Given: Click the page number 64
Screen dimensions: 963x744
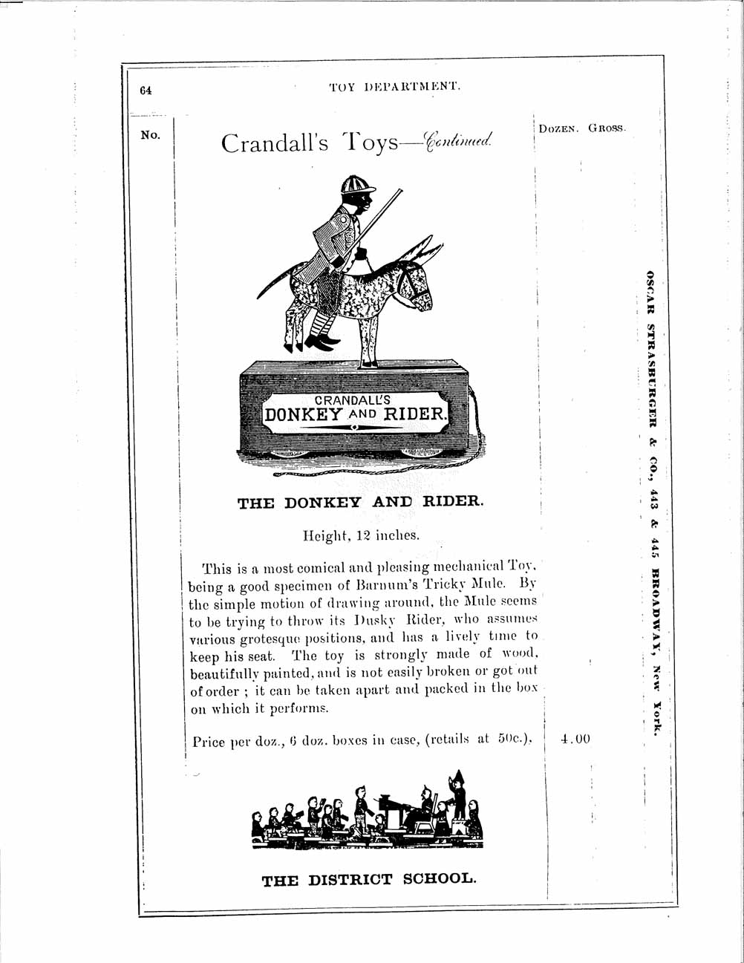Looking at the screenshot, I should click(145, 90).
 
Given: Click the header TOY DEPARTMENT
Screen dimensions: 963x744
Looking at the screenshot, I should click(396, 86).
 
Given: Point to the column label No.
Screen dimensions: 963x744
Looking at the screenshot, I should click(150, 135).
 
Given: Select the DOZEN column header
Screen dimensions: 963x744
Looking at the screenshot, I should click(558, 128).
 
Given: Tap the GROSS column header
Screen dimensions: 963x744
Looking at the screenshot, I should click(607, 128).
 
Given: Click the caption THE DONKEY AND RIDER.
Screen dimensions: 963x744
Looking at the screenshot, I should click(360, 502).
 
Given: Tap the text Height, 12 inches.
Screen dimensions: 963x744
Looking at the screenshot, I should click(360, 534).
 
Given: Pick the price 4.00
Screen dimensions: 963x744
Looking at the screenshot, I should click(575, 739).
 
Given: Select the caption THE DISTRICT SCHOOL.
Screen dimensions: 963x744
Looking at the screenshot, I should click(368, 880).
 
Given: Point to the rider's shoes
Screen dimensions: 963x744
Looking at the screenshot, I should click(312, 344).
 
